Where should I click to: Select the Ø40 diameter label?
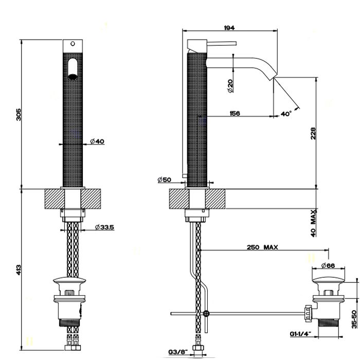(x=97, y=141)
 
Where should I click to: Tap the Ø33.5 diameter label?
(x=105, y=227)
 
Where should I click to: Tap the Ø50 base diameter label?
(x=165, y=179)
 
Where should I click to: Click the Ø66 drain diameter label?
(x=328, y=265)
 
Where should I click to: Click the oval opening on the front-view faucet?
(x=73, y=68)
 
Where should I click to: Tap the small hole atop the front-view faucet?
(x=73, y=43)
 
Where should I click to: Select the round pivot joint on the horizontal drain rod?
(x=207, y=313)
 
